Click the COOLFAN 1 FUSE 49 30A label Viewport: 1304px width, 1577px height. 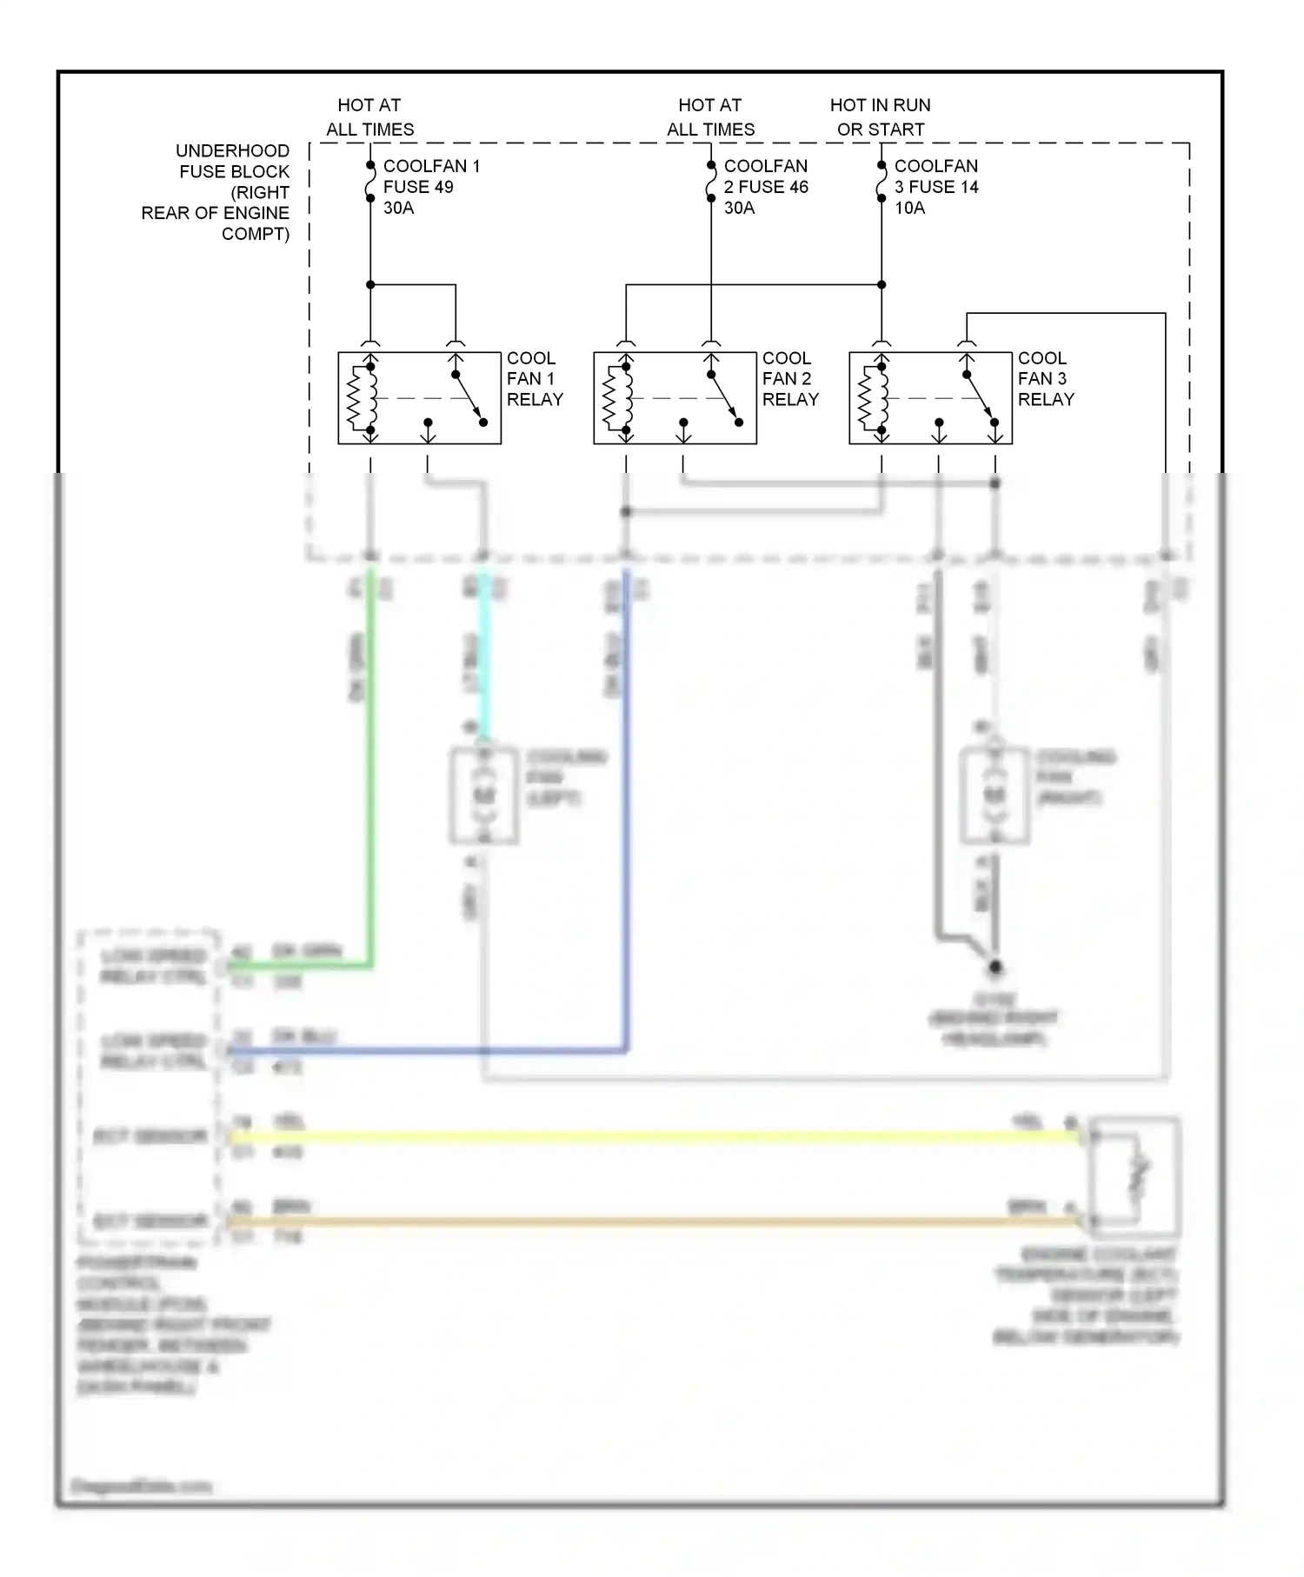click(430, 187)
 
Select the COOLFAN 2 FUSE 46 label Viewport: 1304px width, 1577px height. click(765, 187)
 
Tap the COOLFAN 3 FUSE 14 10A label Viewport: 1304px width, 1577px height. click(935, 187)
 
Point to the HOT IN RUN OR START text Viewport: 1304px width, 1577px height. click(880, 117)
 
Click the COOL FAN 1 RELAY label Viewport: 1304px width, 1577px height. click(534, 379)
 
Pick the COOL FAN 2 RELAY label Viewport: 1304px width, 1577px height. click(789, 379)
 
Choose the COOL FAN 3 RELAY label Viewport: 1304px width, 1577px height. click(1045, 379)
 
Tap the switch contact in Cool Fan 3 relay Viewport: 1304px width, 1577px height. click(981, 398)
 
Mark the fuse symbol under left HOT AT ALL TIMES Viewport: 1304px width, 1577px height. click(370, 182)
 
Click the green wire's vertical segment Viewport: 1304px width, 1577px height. click(371, 765)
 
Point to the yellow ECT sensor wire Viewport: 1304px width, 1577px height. click(652, 1136)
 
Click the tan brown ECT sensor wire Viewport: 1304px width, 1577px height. click(652, 1221)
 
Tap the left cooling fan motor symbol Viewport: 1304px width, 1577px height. click(484, 795)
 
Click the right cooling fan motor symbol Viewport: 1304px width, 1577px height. click(995, 795)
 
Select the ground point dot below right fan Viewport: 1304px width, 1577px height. click(995, 967)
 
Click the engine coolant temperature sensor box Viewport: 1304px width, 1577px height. click(1134, 1178)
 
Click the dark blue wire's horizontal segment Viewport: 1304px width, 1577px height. click(426, 1051)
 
